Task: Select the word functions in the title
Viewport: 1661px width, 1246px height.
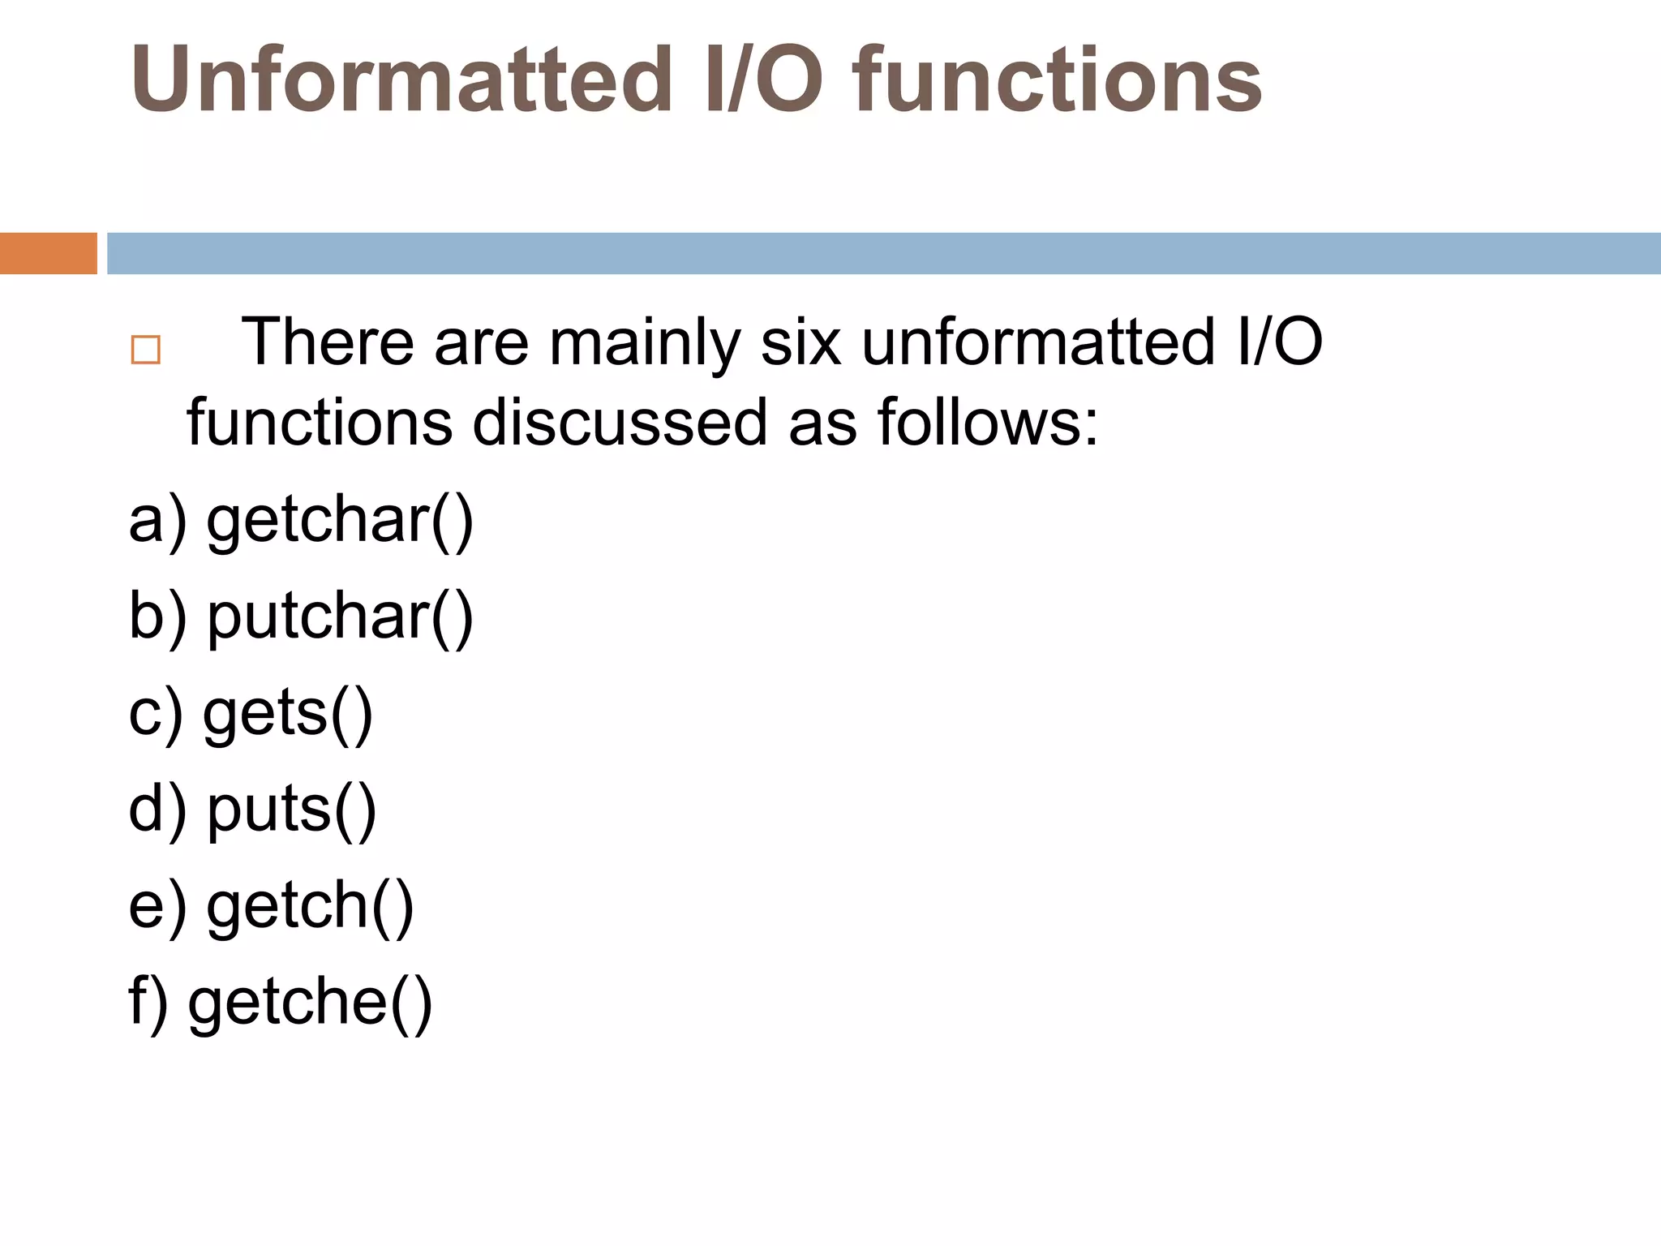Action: (x=1057, y=79)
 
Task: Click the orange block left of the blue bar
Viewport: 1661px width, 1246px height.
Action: (x=48, y=253)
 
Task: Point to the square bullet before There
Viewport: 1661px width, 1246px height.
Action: (x=146, y=350)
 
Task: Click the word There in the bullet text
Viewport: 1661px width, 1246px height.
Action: (x=328, y=342)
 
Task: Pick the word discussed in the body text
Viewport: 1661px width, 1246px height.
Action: (x=620, y=423)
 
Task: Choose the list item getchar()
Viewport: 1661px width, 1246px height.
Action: (x=340, y=521)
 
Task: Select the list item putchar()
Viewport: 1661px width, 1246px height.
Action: (x=340, y=617)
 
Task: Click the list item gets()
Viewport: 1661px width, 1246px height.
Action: (x=288, y=714)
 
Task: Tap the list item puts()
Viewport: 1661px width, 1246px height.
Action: (x=292, y=810)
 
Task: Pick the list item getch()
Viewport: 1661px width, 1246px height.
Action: (x=310, y=906)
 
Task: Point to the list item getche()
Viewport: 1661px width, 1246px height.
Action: (x=310, y=1003)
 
